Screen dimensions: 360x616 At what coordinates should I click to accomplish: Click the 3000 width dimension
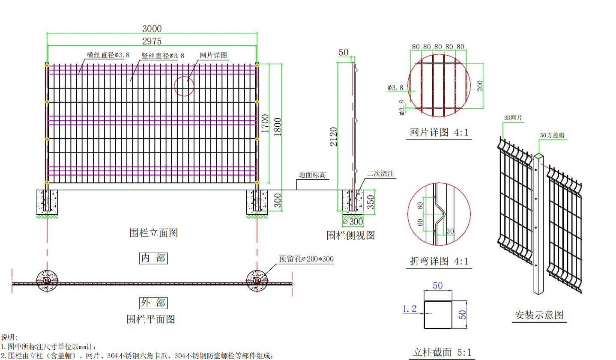(152, 29)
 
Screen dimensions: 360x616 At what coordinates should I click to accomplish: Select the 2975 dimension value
(152, 41)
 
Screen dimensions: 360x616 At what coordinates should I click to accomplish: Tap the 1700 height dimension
(265, 123)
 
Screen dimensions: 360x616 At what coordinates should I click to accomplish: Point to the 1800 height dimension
(278, 127)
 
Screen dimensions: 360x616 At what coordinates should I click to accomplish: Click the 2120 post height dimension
(334, 137)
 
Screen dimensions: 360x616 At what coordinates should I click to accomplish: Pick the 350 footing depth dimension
(371, 202)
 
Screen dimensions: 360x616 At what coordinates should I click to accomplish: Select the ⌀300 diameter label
(353, 222)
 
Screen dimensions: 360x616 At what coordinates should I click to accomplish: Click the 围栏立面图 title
(153, 233)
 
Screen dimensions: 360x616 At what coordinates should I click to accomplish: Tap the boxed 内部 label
(153, 258)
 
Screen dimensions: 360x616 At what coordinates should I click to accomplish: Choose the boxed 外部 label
(153, 303)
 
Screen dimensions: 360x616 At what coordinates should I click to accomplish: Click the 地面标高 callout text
(312, 175)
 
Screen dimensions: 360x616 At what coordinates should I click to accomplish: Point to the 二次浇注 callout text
(380, 173)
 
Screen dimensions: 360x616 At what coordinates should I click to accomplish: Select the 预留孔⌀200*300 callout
(306, 259)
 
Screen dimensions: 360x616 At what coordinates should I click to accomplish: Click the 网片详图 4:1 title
(439, 132)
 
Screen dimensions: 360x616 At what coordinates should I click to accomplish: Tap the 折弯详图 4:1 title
(439, 261)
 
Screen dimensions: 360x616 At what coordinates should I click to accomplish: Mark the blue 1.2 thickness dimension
(409, 309)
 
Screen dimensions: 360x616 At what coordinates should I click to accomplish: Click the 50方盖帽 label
(552, 135)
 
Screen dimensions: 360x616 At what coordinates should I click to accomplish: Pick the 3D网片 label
(513, 118)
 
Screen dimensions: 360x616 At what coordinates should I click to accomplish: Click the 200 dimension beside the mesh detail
(480, 86)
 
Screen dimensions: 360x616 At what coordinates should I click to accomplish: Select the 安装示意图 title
(539, 315)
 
